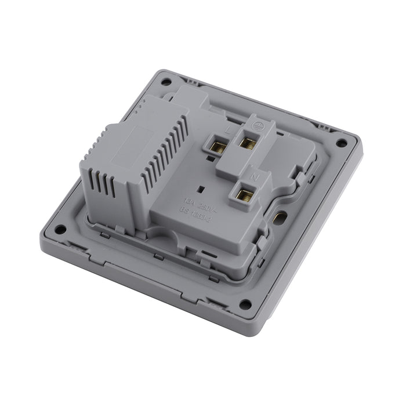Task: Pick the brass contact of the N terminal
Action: point(242,193)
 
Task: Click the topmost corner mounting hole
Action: point(165,82)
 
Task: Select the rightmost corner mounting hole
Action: point(341,143)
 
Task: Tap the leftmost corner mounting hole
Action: point(60,229)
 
